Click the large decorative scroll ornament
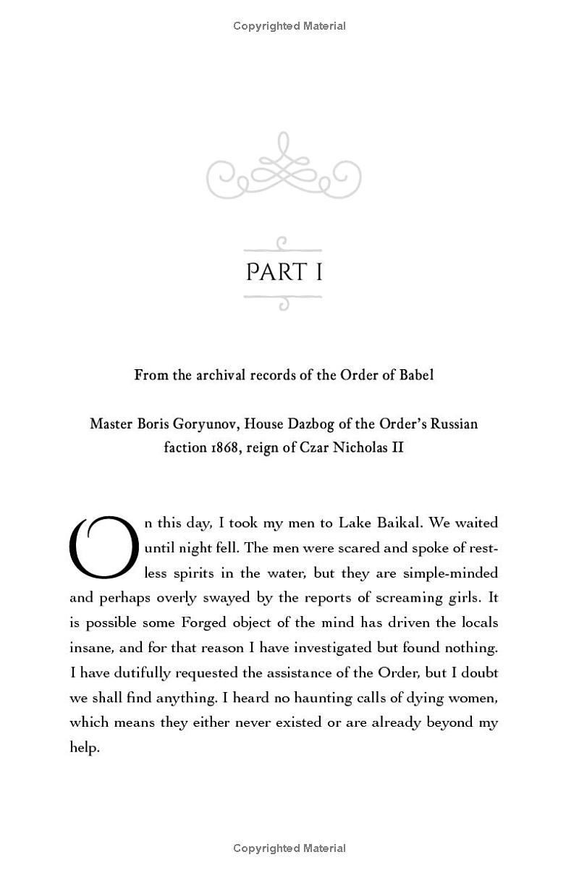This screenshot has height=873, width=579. coord(284,166)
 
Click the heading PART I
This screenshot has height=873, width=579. coord(284,272)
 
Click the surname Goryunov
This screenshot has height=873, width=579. coord(212,423)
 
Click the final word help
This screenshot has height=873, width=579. coord(83,748)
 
